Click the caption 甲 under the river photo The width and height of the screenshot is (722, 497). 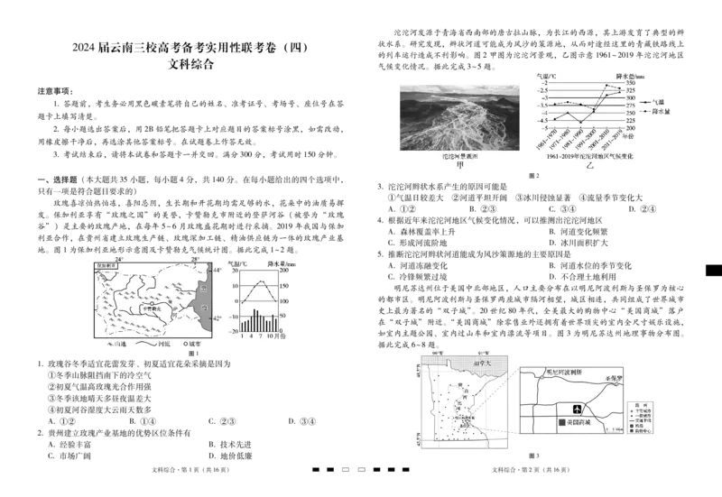click(x=459, y=166)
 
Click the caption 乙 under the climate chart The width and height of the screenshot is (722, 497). click(x=590, y=167)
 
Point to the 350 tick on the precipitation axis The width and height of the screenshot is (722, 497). click(x=625, y=83)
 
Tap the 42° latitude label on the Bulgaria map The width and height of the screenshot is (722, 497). click(x=215, y=318)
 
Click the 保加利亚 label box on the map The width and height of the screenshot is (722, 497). click(x=105, y=267)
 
